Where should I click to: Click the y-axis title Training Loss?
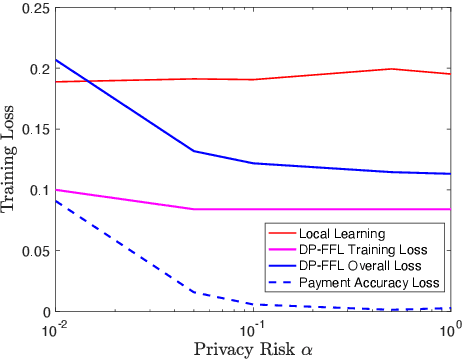pos(11,159)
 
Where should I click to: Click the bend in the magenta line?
pos(192,209)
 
